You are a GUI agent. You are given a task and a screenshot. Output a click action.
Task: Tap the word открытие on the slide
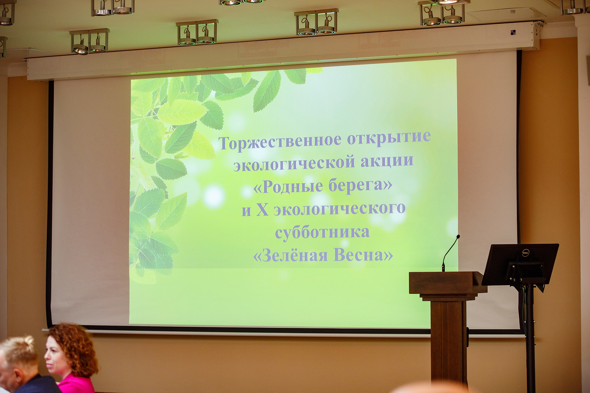click(389, 138)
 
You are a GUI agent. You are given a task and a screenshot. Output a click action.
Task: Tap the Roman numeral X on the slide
click(262, 209)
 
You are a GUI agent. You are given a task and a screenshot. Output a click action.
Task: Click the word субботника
click(322, 232)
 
